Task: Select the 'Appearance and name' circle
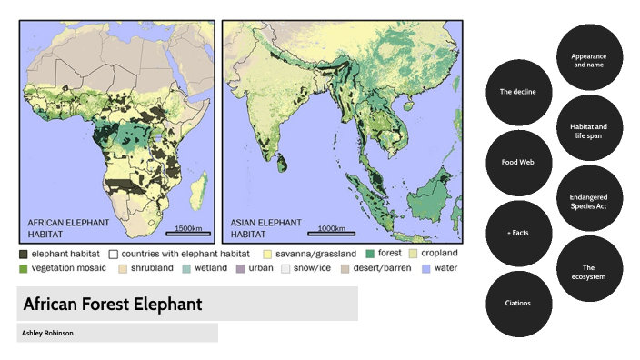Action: [x=589, y=57]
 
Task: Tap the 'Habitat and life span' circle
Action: [x=589, y=130]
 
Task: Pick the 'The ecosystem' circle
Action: [x=589, y=270]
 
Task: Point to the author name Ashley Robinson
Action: [x=48, y=334]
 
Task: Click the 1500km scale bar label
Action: [x=190, y=228]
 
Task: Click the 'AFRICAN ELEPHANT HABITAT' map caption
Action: [x=69, y=228]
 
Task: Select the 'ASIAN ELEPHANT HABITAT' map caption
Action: [x=261, y=228]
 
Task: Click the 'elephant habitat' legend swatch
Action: [x=23, y=255]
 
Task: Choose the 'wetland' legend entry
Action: [x=204, y=269]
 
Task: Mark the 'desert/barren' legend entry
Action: [x=375, y=269]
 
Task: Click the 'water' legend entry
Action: [x=440, y=269]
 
